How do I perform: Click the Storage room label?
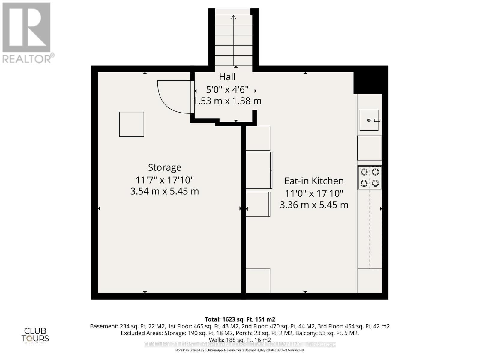click(164, 167)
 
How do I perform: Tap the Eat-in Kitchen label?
click(314, 181)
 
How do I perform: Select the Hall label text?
click(227, 77)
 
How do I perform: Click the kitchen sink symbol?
click(369, 120)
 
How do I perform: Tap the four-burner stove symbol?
click(370, 178)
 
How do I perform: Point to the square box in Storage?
click(132, 124)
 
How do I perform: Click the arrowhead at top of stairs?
click(234, 17)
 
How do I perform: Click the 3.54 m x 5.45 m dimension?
click(164, 191)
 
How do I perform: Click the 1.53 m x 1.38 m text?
click(227, 101)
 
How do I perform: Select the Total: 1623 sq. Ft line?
click(240, 319)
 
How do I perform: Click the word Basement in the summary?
click(104, 326)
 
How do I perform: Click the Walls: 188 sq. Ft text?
click(240, 340)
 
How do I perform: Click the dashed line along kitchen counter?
click(370, 228)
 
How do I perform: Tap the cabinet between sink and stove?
click(370, 148)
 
